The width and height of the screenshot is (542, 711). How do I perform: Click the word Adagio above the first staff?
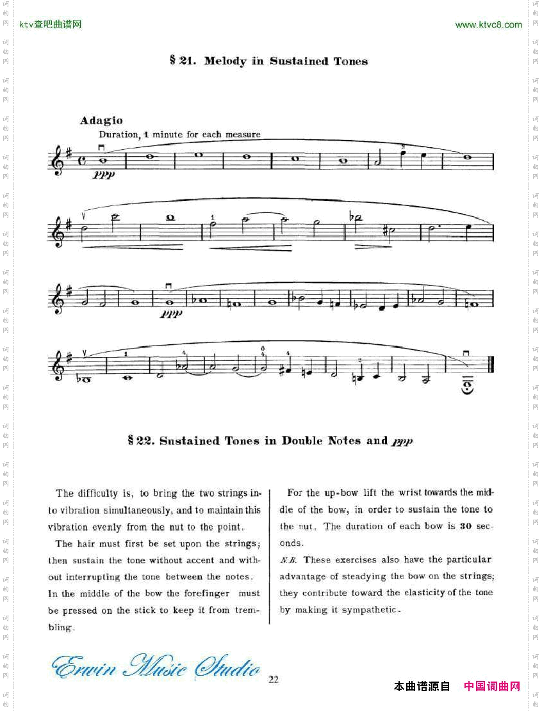101,120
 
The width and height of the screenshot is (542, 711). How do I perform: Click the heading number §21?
182,61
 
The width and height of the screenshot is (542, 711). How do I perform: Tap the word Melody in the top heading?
225,61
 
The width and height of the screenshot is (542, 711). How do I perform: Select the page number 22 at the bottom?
274,679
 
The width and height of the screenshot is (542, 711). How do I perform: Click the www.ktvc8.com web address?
488,25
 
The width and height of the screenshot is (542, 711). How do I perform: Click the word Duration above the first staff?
119,135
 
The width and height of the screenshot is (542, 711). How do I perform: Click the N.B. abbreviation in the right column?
288,560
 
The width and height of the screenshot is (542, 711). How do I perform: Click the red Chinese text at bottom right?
491,687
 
